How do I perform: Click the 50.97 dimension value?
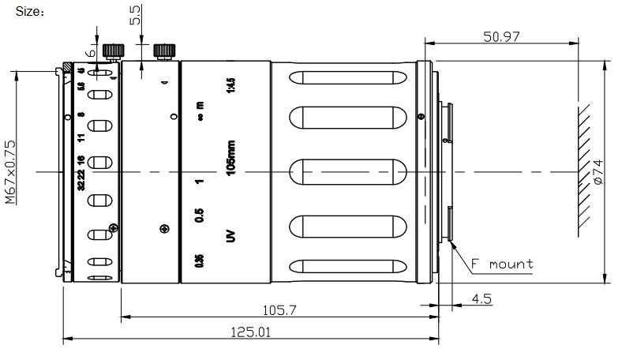point(500,36)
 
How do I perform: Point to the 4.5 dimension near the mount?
point(481,299)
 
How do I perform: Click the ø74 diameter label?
point(598,172)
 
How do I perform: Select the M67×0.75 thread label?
point(10,172)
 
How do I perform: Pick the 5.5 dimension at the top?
point(133,15)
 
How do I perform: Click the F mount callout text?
point(502,264)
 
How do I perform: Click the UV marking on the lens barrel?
point(230,235)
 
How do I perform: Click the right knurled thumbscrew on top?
point(164,51)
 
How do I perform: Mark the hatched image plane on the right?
point(585,171)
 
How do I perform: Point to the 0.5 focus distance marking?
point(199,215)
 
